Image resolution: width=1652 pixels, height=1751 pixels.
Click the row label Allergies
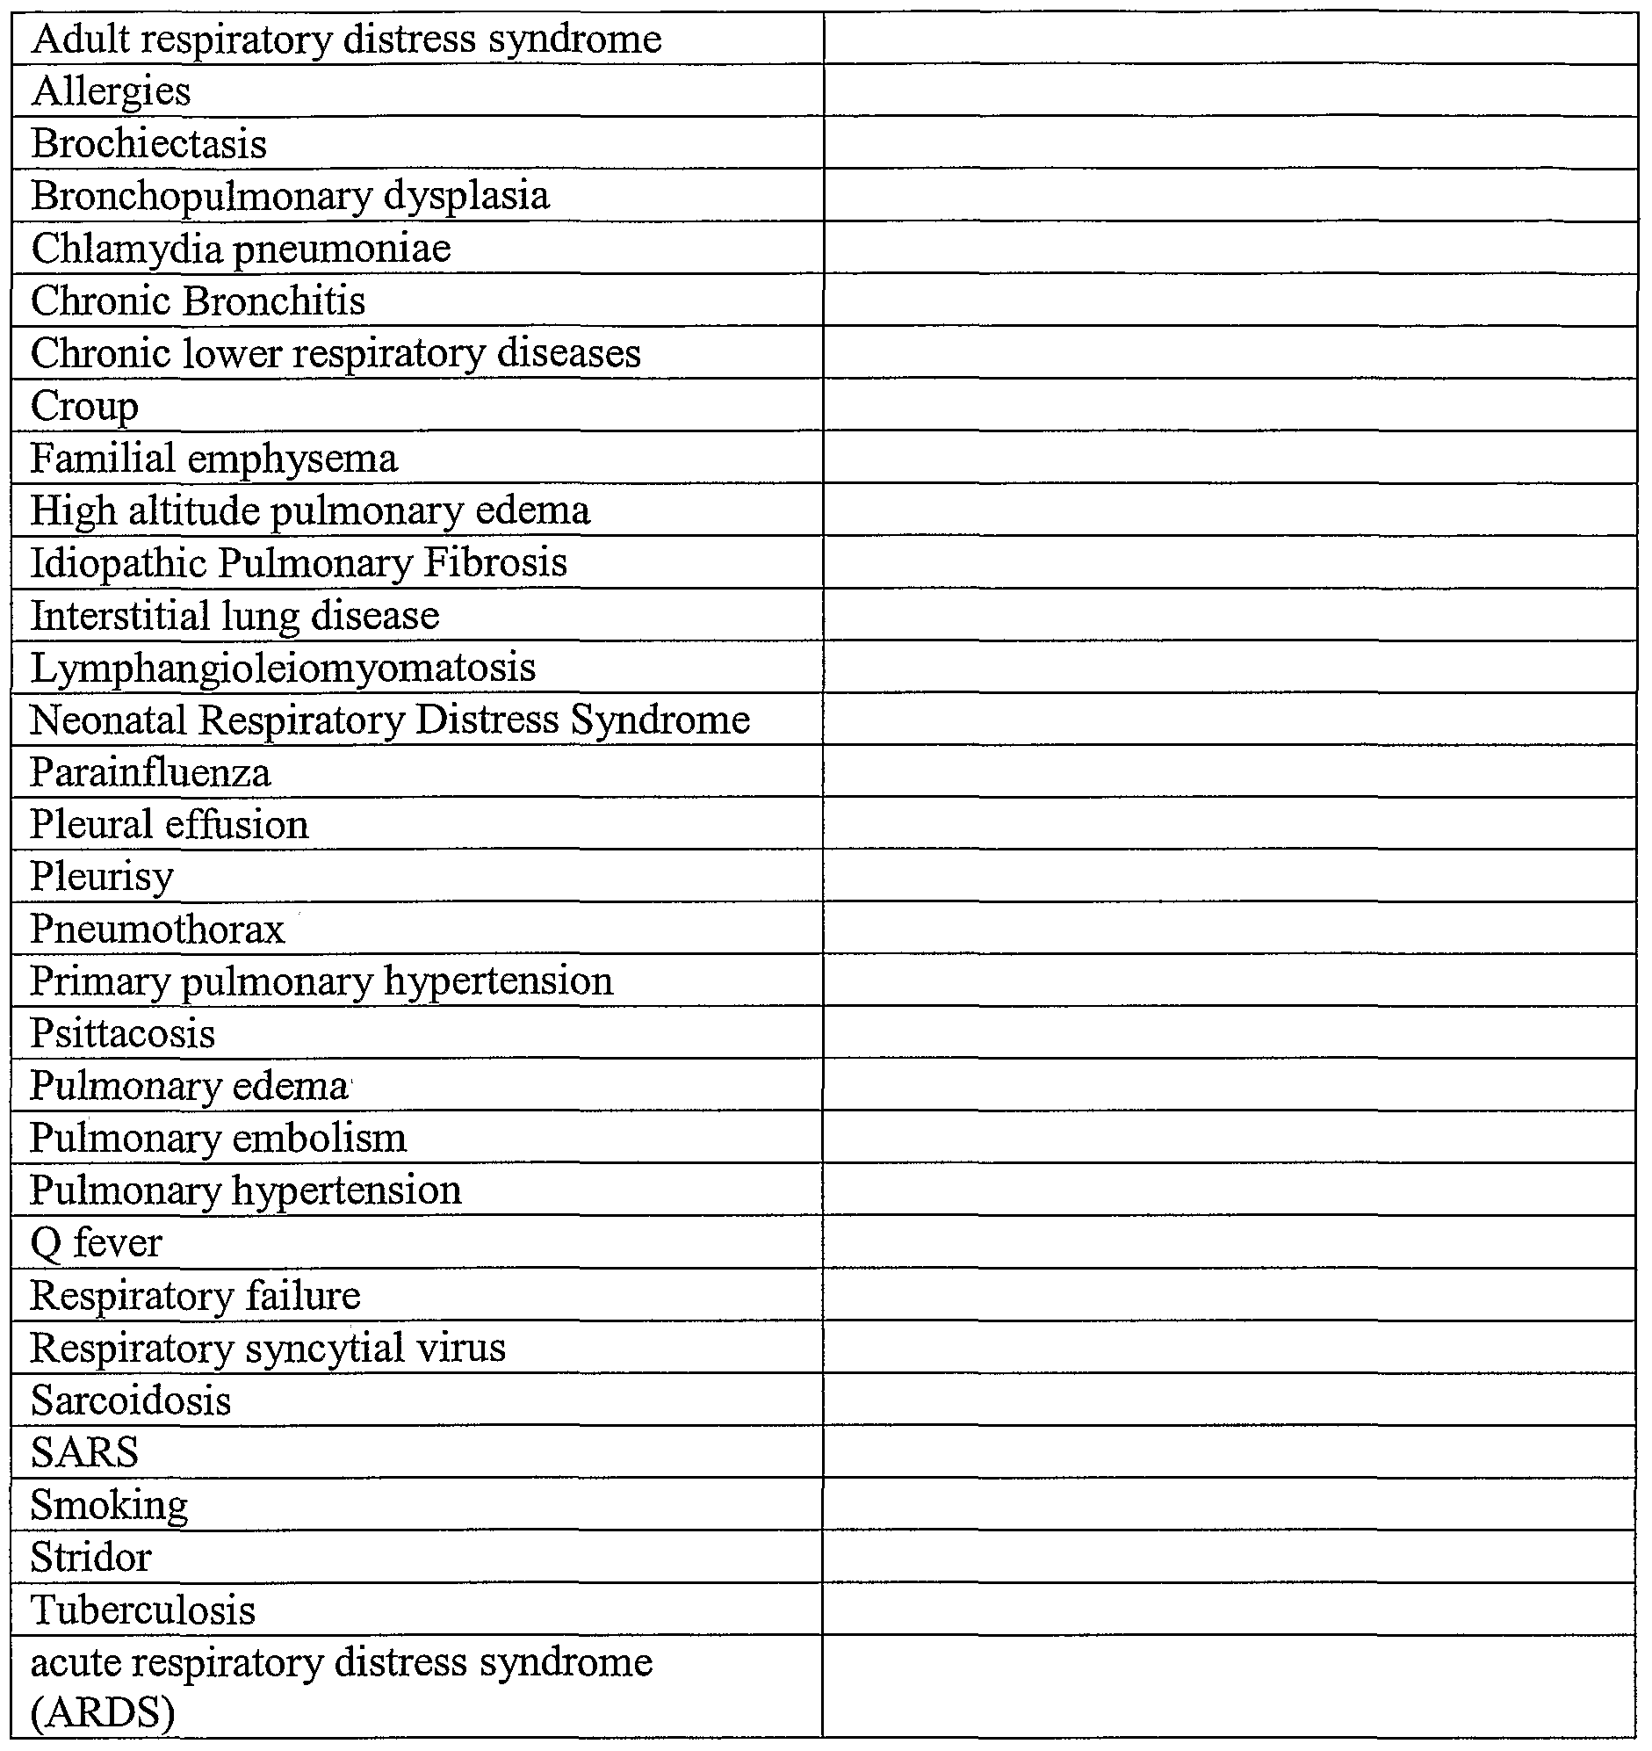(x=111, y=91)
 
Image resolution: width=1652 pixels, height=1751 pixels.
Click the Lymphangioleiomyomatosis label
(x=283, y=668)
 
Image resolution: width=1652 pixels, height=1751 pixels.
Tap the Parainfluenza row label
(x=150, y=772)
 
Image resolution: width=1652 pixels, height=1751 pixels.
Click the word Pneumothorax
(x=157, y=930)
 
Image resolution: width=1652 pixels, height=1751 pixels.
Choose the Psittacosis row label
(x=122, y=1034)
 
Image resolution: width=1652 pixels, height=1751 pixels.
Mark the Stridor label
(x=90, y=1557)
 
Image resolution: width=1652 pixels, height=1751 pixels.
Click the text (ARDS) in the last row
(x=103, y=1712)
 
